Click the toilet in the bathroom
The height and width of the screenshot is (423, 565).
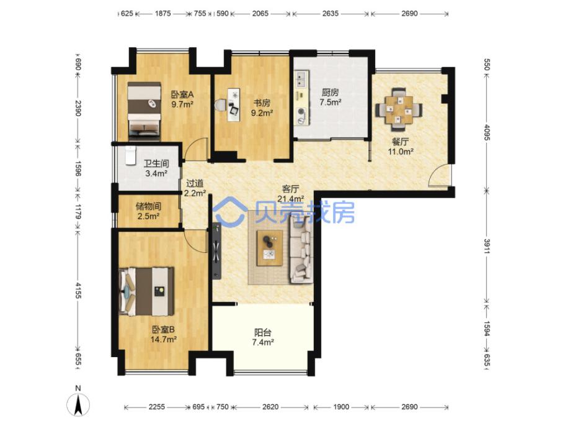click(x=130, y=155)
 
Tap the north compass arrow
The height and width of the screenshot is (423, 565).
click(x=78, y=404)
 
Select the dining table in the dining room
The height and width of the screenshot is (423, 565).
click(x=399, y=109)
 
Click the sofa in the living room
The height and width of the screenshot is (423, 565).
click(x=301, y=250)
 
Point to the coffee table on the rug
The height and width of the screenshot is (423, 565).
click(x=270, y=248)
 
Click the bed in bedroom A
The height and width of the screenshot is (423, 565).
click(x=144, y=111)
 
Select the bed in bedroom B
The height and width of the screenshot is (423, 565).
click(x=146, y=291)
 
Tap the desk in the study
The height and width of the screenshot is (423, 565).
click(x=234, y=105)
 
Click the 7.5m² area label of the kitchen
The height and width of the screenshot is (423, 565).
click(x=331, y=102)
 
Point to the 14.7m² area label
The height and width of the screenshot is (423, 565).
click(x=164, y=339)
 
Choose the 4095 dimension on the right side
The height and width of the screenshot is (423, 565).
click(x=486, y=132)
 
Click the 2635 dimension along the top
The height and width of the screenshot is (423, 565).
click(x=331, y=13)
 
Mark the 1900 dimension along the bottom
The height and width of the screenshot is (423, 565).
click(x=341, y=407)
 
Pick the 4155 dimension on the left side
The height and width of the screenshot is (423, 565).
click(x=78, y=290)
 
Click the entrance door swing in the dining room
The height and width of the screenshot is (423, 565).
click(x=440, y=175)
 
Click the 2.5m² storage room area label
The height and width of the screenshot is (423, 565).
click(x=148, y=216)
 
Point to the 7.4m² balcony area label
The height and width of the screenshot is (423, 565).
click(x=263, y=342)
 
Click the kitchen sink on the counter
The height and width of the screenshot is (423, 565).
click(x=301, y=80)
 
